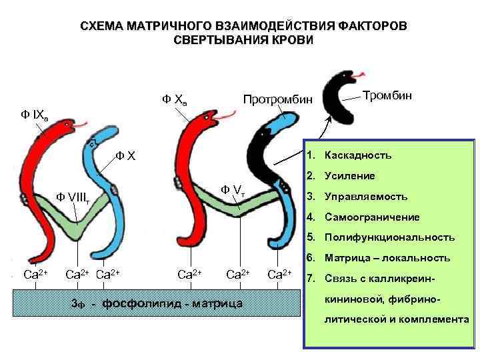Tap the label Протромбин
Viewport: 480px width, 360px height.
click(x=277, y=99)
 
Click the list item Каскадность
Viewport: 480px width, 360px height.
click(x=358, y=155)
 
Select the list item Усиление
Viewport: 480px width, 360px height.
click(x=350, y=176)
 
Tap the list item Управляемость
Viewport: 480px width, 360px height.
click(x=365, y=197)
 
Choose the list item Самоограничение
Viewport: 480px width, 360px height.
click(x=371, y=217)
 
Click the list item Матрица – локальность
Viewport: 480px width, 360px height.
click(x=387, y=257)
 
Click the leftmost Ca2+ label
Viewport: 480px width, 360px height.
click(x=35, y=273)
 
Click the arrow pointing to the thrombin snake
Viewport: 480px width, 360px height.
click(x=321, y=136)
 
